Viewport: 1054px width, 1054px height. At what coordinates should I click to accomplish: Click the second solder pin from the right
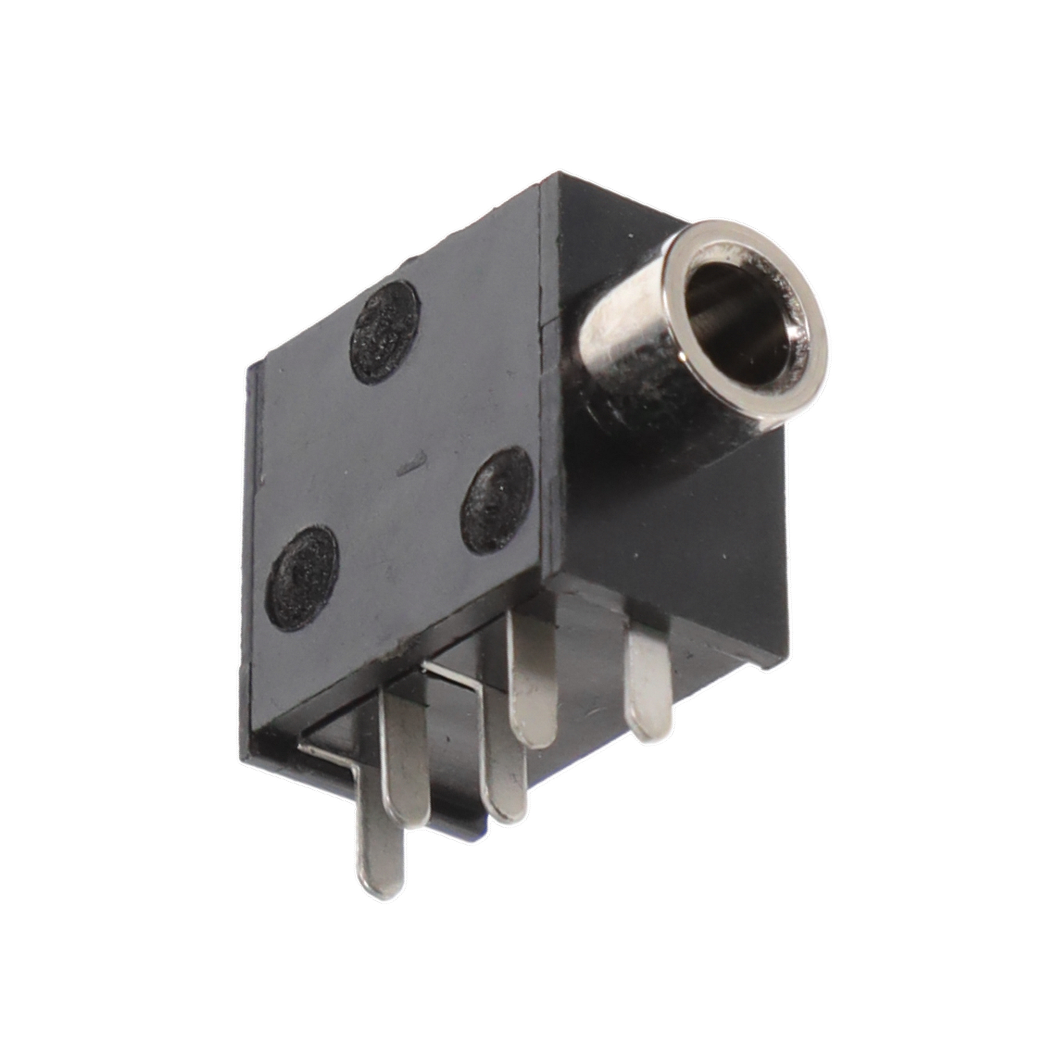pos(532,682)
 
